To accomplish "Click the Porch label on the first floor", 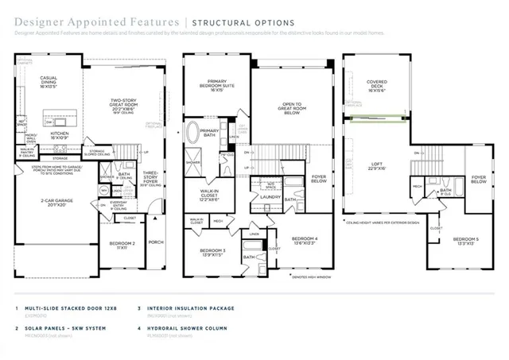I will tap(156, 243).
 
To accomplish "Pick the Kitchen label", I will tap(62, 137).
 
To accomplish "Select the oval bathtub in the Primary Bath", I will tap(193, 133).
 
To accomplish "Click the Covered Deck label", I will tap(377, 84).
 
